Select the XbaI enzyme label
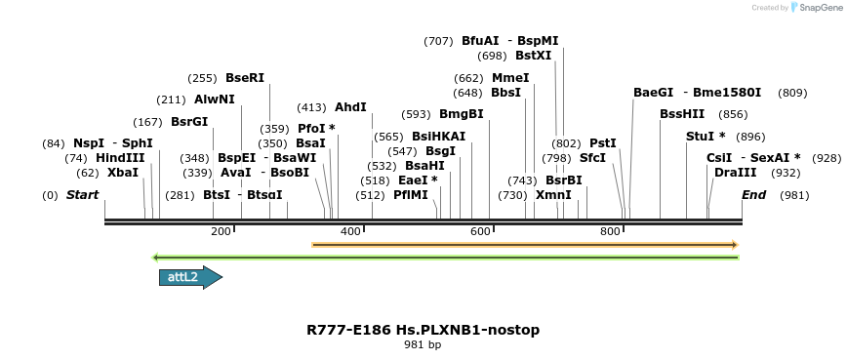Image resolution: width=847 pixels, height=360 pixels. [123, 173]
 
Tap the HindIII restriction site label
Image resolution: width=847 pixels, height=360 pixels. [120, 158]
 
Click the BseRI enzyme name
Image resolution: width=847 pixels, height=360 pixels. [245, 78]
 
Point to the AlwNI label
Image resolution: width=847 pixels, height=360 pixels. [215, 100]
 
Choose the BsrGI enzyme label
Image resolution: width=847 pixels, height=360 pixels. [189, 122]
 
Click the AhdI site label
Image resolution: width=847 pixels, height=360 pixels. [350, 107]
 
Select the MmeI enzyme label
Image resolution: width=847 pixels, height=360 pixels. [510, 78]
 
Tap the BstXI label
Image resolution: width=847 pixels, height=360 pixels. [534, 56]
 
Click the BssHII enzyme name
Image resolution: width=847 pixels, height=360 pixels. [682, 114]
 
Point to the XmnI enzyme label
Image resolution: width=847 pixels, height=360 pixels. [553, 195]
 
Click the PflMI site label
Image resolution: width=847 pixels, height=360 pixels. [411, 195]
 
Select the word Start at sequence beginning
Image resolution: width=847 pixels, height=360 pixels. [83, 195]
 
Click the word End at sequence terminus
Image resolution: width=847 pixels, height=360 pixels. [753, 195]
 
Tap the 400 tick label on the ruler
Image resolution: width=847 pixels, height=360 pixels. [350, 231]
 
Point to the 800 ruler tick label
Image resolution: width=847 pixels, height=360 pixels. [611, 231]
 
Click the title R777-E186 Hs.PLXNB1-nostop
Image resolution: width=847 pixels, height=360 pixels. [423, 330]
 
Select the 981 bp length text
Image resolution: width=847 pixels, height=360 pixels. [423, 345]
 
